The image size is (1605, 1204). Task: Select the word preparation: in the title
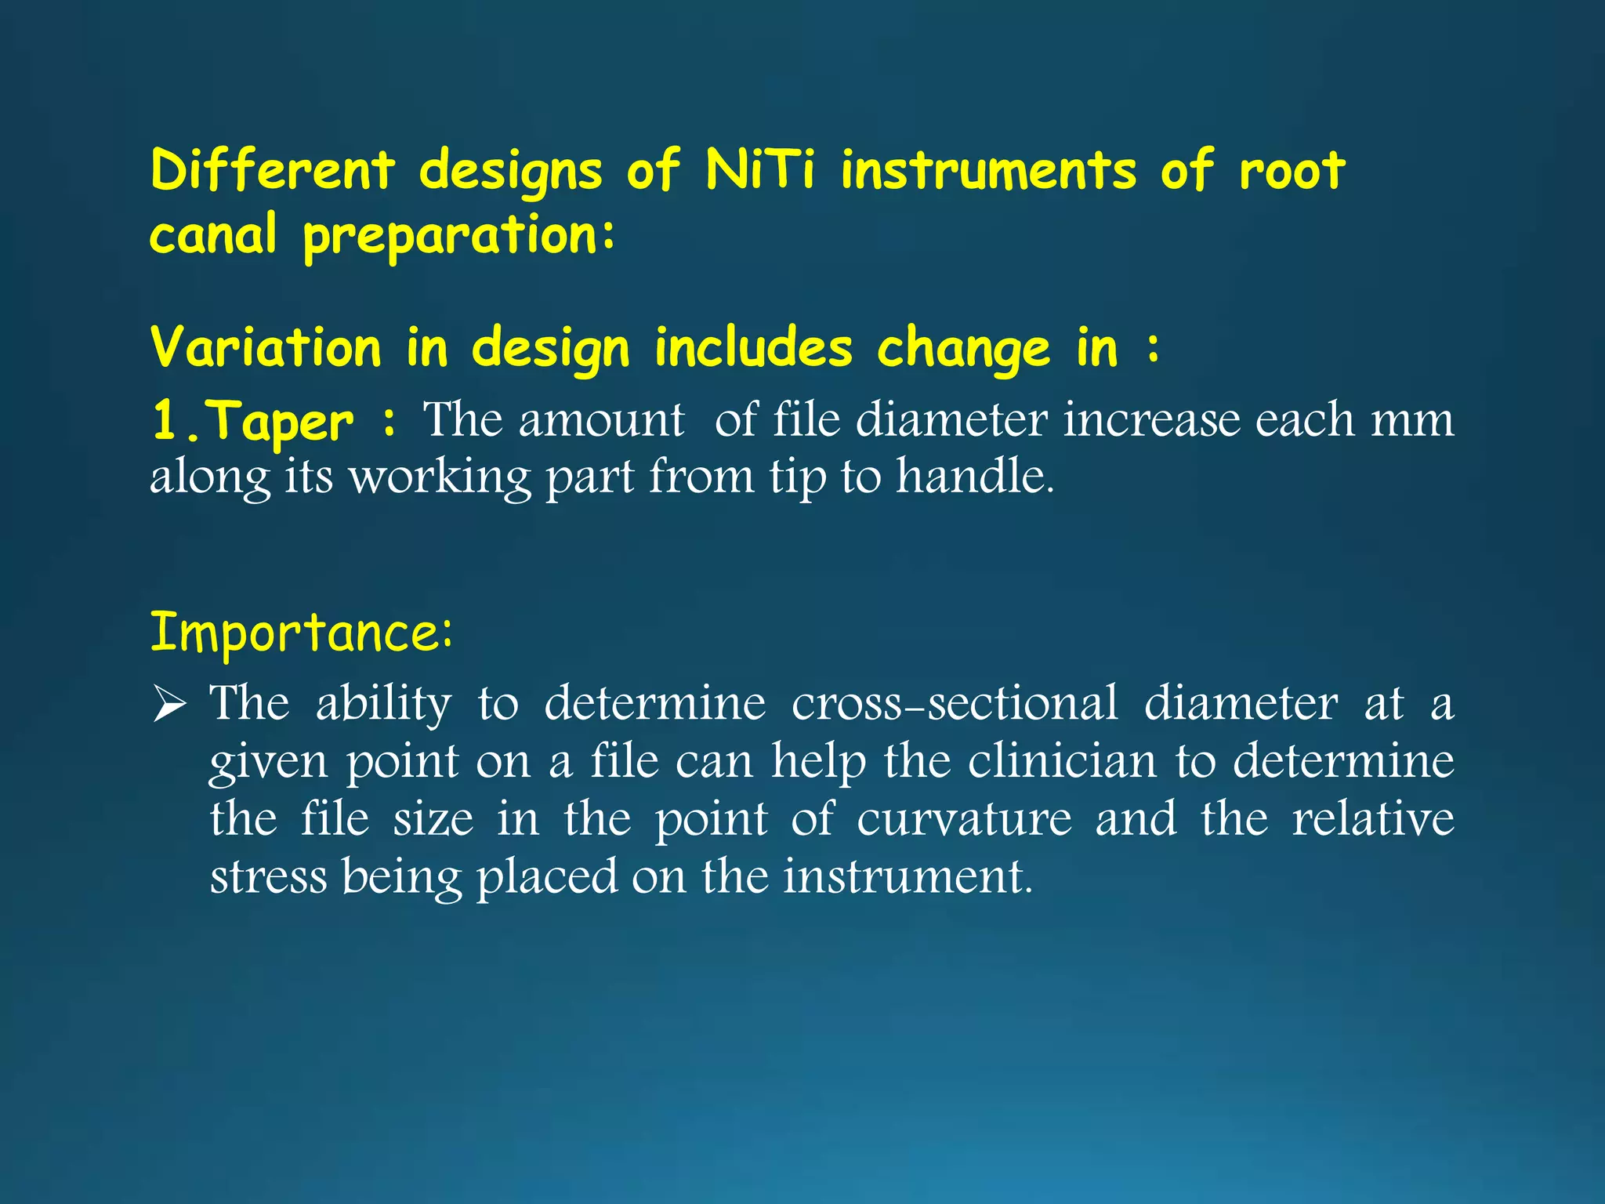click(459, 235)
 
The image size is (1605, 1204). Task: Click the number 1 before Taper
click(165, 420)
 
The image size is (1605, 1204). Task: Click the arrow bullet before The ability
click(169, 703)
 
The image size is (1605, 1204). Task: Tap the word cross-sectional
click(955, 702)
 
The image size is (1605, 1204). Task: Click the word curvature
click(964, 818)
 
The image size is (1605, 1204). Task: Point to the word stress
click(268, 876)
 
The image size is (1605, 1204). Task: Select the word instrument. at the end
click(908, 876)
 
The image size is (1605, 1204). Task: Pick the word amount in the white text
click(601, 420)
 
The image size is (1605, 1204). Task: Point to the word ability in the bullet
click(383, 704)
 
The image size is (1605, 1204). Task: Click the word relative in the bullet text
click(1372, 818)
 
